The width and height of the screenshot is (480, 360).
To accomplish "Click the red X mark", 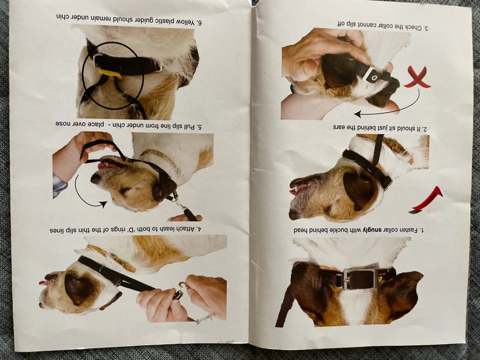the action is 417,78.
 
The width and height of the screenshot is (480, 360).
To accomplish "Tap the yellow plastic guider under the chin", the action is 110,74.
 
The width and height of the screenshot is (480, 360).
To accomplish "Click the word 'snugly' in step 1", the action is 372,230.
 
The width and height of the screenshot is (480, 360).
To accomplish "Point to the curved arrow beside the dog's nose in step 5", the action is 89,192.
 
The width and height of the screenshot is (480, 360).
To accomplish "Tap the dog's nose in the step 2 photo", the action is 294,214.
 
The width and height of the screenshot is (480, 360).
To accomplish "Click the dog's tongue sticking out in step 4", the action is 44,282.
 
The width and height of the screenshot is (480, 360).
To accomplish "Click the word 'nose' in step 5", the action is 63,123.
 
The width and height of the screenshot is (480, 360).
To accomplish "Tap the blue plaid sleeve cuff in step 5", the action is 59,184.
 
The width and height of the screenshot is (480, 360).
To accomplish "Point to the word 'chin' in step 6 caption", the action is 62,16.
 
